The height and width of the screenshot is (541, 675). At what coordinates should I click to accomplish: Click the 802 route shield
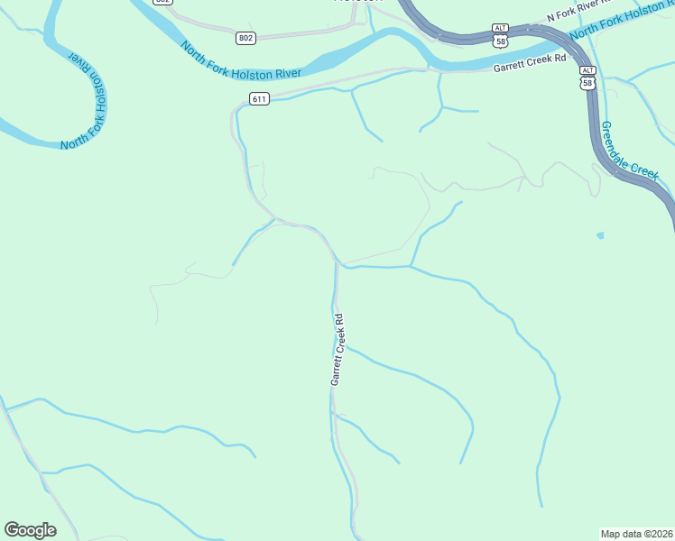[246, 38]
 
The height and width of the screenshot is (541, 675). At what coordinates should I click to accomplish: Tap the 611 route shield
[259, 98]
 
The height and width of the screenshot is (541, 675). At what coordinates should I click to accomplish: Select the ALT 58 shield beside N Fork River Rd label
[501, 34]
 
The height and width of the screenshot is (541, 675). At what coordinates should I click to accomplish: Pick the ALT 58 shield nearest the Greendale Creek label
[587, 77]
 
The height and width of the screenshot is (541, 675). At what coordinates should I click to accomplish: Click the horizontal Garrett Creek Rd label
[529, 63]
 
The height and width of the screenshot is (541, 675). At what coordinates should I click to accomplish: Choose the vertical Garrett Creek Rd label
[338, 350]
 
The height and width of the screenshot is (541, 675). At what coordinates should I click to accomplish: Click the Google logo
[30, 529]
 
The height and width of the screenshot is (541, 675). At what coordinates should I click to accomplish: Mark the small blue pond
[600, 236]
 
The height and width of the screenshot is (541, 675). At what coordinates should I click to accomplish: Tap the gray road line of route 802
[298, 33]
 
